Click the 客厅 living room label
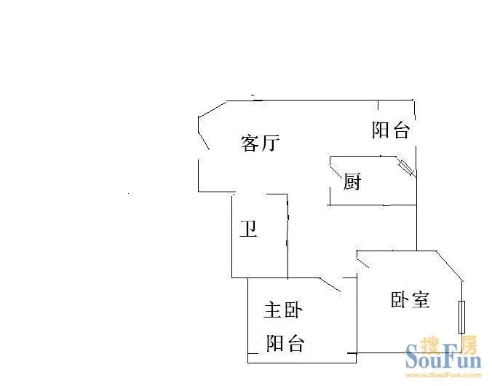[x=260, y=143]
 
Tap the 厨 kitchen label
[x=352, y=181]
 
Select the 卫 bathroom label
[x=249, y=229]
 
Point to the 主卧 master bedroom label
[x=283, y=310]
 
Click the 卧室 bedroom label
[x=410, y=299]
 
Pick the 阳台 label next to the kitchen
[x=391, y=130]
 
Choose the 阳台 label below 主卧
[x=285, y=343]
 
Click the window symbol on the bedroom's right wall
[x=461, y=317]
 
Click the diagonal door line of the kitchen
[x=336, y=171]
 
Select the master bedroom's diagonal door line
[x=330, y=285]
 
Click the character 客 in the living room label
[x=250, y=143]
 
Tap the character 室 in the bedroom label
[x=420, y=299]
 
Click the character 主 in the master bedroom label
[x=273, y=310]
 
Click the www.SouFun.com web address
[x=443, y=374]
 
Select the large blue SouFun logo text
[x=443, y=358]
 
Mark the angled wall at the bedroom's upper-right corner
[x=449, y=266]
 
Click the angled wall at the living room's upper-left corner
[x=213, y=109]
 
